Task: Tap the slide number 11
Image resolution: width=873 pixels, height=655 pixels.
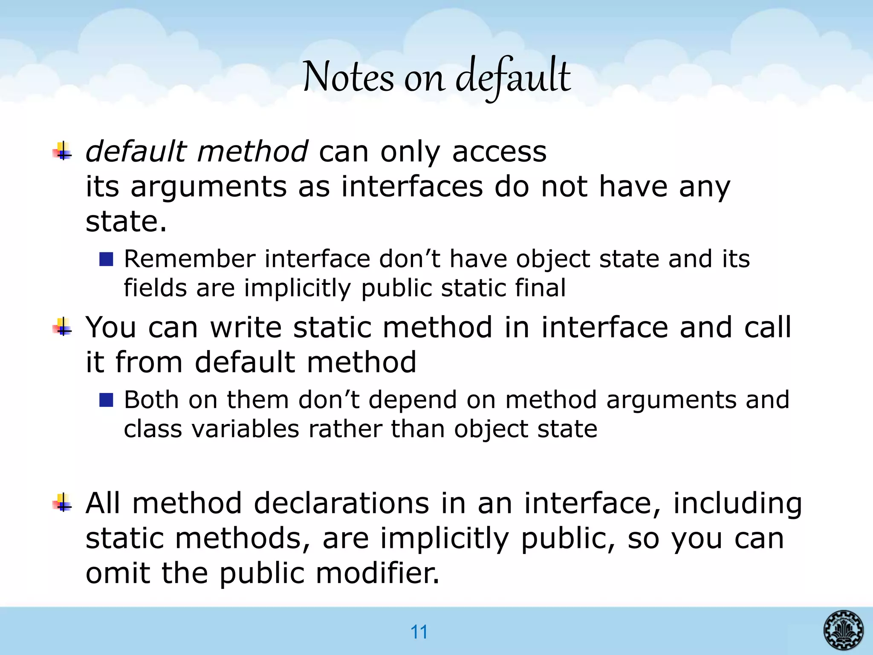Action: [419, 632]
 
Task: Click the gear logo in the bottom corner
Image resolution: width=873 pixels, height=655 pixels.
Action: [844, 630]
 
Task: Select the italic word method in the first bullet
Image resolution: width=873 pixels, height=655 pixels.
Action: [252, 151]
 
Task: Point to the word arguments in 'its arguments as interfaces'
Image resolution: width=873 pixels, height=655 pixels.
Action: [208, 187]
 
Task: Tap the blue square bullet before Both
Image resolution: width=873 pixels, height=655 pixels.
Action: [106, 400]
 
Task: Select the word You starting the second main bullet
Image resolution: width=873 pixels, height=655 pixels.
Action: [111, 327]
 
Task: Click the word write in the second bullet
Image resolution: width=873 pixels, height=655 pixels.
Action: [246, 327]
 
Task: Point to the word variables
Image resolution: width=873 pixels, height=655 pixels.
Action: [246, 429]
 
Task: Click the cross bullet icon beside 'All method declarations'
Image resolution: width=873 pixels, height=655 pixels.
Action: [62, 503]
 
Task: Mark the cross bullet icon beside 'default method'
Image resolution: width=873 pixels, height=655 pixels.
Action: [62, 151]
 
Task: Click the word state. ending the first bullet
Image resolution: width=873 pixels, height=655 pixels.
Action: [126, 222]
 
